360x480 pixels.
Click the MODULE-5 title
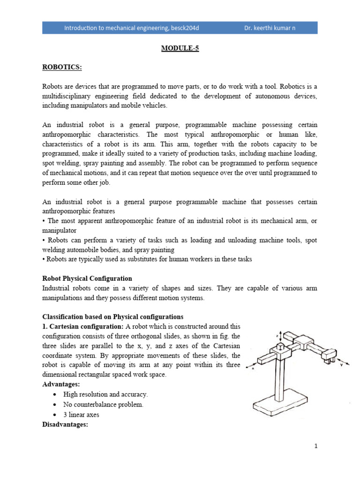(180, 48)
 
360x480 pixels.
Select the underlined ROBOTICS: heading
(62, 67)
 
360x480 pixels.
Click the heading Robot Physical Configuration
(87, 278)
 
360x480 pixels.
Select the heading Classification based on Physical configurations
(113, 316)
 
